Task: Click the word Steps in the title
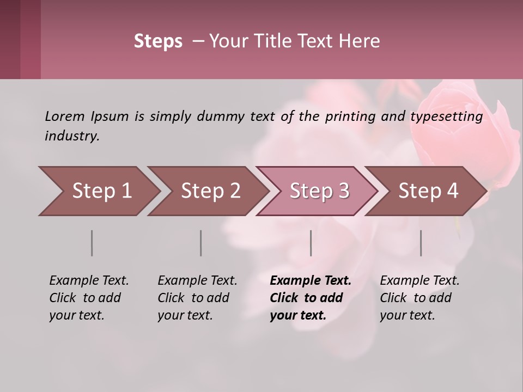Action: (158, 41)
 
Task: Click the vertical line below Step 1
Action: (92, 243)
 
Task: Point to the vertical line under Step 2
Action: (200, 243)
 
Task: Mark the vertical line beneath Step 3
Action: (311, 243)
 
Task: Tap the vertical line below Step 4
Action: (421, 243)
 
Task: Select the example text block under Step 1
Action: (88, 298)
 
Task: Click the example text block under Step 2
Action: (197, 298)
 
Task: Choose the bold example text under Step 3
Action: (310, 298)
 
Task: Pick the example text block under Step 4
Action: (419, 298)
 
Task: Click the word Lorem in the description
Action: (65, 116)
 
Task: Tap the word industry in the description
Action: (72, 136)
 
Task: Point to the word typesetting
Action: (446, 117)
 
